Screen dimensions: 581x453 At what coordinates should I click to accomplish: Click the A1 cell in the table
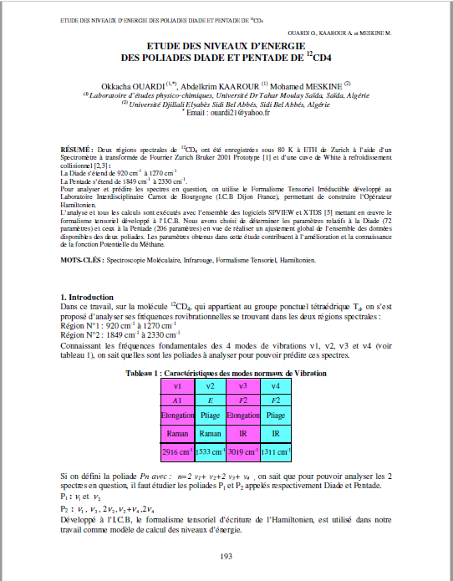tap(177, 400)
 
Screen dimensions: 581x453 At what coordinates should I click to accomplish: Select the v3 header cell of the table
tap(243, 385)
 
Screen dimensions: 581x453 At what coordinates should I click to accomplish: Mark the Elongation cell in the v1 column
tap(177, 415)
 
